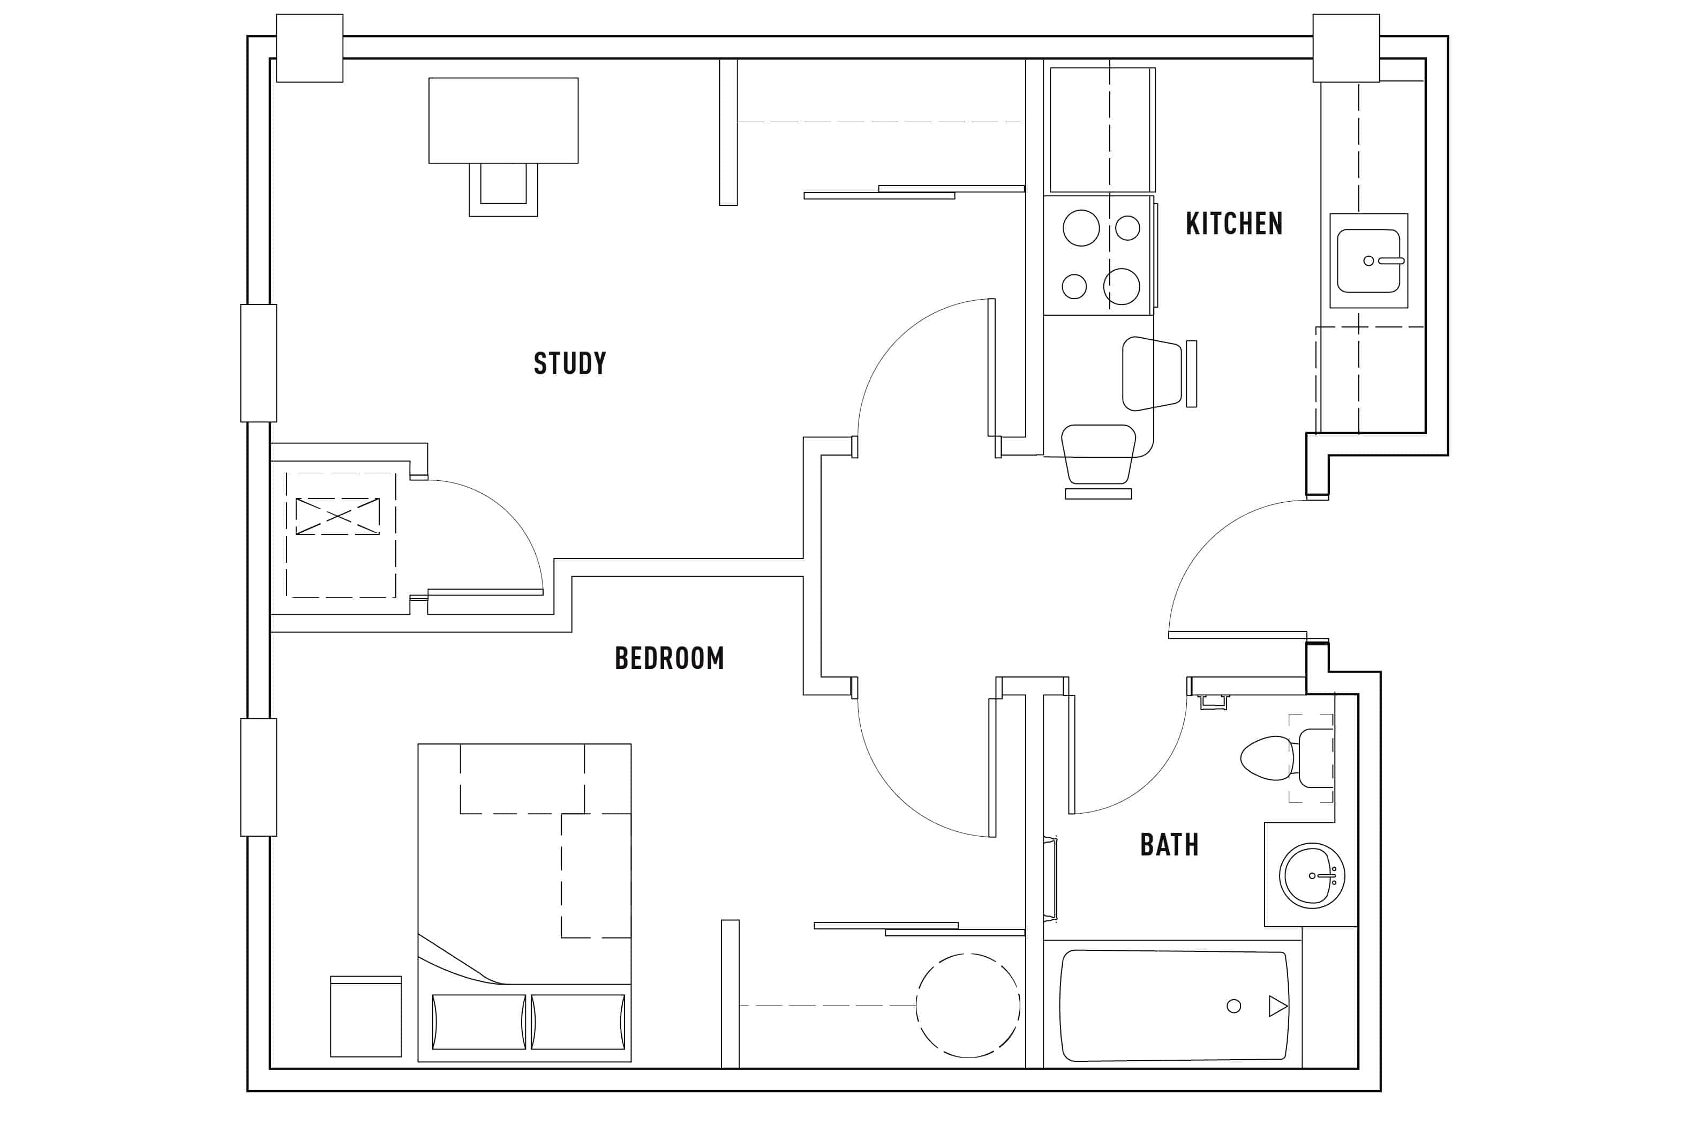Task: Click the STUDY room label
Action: (x=570, y=363)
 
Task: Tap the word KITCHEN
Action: (x=1234, y=224)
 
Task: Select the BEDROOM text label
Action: (x=669, y=658)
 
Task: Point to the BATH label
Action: (x=1170, y=844)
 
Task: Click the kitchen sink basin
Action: (x=1367, y=261)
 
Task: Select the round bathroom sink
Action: (x=1312, y=876)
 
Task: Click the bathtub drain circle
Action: (x=1234, y=1006)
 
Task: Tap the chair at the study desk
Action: (x=503, y=189)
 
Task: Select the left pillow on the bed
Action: (x=478, y=1022)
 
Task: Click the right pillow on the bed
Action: (x=578, y=1022)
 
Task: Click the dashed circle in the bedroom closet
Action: (x=968, y=1006)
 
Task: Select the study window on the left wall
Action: (x=258, y=363)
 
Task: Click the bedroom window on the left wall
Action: (x=258, y=777)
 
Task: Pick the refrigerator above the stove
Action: (x=1101, y=129)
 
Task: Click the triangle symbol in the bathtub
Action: (x=1277, y=1006)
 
